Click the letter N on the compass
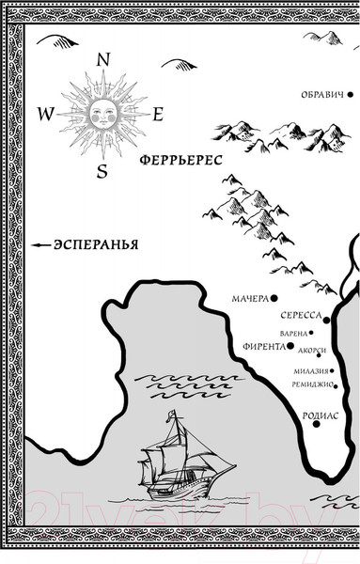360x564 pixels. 103,59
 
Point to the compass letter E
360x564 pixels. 159,115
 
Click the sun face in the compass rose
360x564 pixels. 102,114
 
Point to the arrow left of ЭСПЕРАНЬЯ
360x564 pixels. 40,244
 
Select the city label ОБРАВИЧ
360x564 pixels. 321,95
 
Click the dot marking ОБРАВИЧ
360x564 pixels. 349,95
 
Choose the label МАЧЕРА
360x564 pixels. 249,299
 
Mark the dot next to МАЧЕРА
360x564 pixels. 274,299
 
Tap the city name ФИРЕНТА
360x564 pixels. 262,346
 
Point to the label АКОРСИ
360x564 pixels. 311,351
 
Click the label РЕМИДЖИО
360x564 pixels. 314,384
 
